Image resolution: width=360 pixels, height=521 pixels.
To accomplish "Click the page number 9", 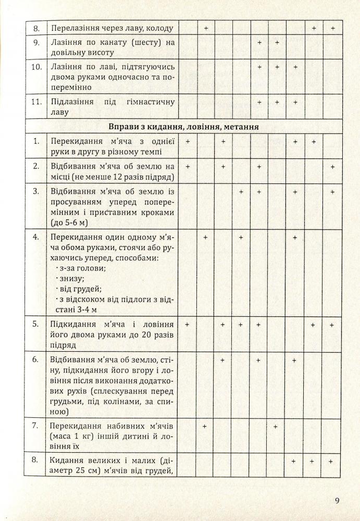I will click(338, 501).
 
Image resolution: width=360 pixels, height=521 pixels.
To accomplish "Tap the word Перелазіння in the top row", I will click(73, 27).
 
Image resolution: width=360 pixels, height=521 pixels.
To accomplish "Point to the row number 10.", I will click(35, 67).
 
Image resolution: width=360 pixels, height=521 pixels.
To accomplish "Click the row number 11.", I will click(35, 102).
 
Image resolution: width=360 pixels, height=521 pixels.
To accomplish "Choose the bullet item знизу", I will click(71, 279).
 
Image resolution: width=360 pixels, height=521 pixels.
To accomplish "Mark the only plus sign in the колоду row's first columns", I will click(206, 27).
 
